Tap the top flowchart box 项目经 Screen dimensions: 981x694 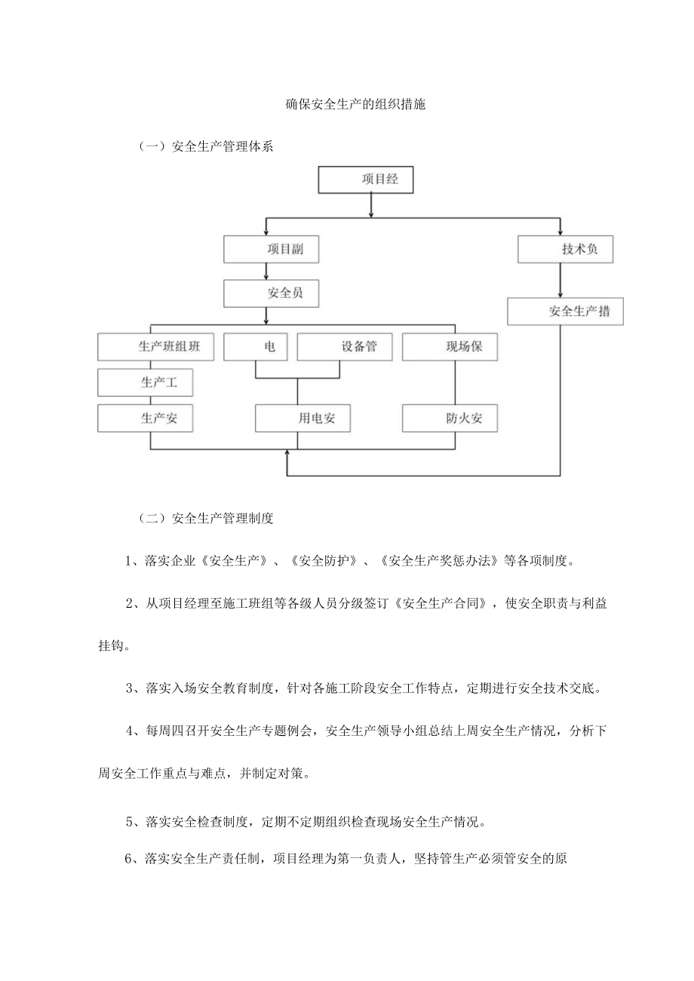coord(367,180)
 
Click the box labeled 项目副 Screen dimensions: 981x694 coord(271,250)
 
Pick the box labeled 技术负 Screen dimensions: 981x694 coord(565,250)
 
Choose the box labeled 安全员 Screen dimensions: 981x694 coord(271,293)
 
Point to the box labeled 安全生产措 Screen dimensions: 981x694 coord(565,311)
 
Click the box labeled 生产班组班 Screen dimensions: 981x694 coord(155,347)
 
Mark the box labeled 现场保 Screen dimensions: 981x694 coord(450,347)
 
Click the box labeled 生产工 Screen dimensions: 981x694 coord(146,382)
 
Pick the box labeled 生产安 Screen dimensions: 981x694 coord(146,418)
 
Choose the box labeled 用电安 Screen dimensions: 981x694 coord(303,418)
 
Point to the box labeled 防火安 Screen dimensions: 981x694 coord(450,418)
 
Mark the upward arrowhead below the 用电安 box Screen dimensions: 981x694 coord(287,453)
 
